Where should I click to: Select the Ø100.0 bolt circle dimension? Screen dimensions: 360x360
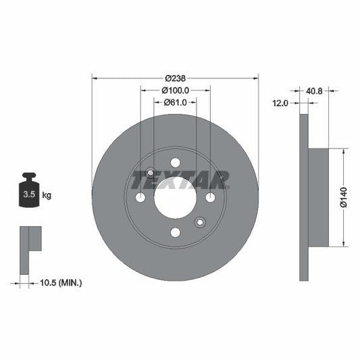coord(175,91)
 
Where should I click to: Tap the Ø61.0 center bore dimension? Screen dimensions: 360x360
coord(175,103)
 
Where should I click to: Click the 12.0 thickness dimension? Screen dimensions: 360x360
coord(280,103)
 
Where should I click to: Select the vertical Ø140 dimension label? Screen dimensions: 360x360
coord(342,197)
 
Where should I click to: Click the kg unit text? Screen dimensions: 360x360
coord(47,195)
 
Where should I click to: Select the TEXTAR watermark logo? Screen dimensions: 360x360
coord(179,180)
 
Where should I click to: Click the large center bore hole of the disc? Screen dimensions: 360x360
coord(175,197)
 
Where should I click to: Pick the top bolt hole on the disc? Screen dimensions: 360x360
coord(175,162)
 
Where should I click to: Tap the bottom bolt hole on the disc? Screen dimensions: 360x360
coord(175,232)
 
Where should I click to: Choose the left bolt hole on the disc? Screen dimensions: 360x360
coord(140,197)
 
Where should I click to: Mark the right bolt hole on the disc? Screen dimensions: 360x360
coord(210,197)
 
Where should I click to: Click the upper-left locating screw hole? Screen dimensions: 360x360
coord(150,172)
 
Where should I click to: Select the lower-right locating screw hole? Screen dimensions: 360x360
coord(200,222)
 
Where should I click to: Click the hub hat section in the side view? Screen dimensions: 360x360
coord(318,197)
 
